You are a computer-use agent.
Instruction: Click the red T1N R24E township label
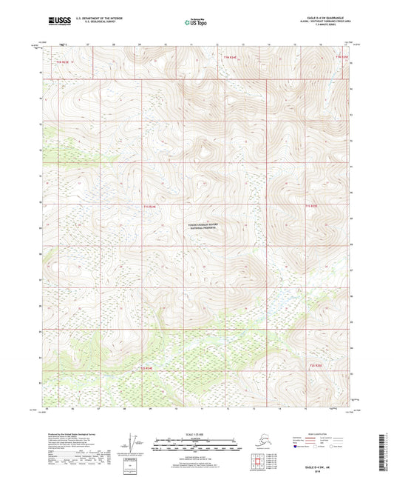coord(231,56)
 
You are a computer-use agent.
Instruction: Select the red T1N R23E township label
coord(62,62)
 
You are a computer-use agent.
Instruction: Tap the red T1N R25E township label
coord(341,56)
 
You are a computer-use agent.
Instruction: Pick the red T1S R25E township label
coord(310,206)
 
